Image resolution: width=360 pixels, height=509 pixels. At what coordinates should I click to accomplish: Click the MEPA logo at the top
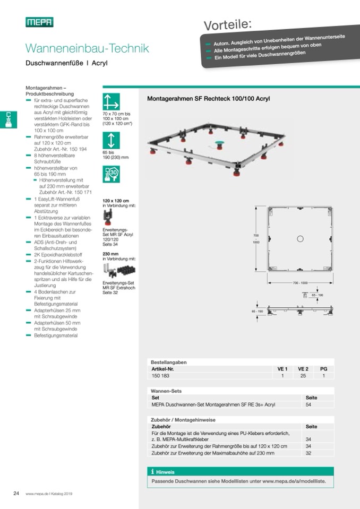point(39,22)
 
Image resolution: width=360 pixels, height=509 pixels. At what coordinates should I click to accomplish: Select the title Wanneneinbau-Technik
point(87,49)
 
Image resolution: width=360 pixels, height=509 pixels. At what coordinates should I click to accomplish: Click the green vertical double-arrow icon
point(111,140)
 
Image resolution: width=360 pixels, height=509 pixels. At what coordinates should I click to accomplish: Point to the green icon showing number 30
point(111,174)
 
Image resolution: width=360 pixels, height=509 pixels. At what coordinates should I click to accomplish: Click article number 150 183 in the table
point(161,376)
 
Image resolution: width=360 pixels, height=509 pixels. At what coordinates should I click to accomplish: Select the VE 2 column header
point(303,368)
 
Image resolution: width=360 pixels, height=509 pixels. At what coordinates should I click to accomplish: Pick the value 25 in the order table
point(303,376)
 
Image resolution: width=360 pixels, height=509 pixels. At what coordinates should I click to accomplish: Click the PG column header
point(323,368)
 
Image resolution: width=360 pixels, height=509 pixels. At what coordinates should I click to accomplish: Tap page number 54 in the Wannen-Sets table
point(309,404)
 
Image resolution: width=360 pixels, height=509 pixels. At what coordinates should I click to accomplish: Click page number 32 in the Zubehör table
point(308,453)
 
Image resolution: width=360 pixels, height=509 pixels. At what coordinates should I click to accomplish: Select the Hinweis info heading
point(165,471)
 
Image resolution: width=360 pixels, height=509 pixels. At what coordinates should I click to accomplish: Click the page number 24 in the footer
point(16,493)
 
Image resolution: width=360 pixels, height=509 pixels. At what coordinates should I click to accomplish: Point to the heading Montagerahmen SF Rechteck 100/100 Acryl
point(208,99)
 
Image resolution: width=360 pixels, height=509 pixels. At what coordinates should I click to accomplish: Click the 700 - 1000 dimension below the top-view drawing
point(300,282)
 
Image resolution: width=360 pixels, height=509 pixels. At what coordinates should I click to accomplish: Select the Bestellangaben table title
point(169,362)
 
